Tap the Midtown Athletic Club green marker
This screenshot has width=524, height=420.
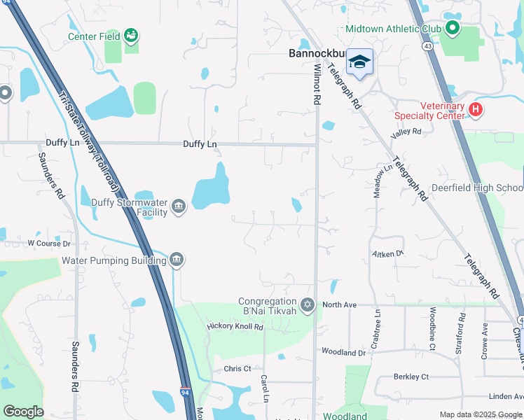452,29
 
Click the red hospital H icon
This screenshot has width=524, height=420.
476,109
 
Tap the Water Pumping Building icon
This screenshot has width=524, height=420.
176,260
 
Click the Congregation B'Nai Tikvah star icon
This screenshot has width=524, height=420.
307,305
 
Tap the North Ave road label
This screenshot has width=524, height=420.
340,305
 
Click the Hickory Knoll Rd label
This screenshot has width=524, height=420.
235,327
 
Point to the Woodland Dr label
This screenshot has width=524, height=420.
343,352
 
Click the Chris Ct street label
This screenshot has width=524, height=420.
237,369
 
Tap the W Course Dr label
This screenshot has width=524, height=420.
49,244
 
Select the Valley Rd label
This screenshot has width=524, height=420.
406,132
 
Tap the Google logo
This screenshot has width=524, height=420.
23,412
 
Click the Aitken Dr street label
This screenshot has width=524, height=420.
388,253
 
